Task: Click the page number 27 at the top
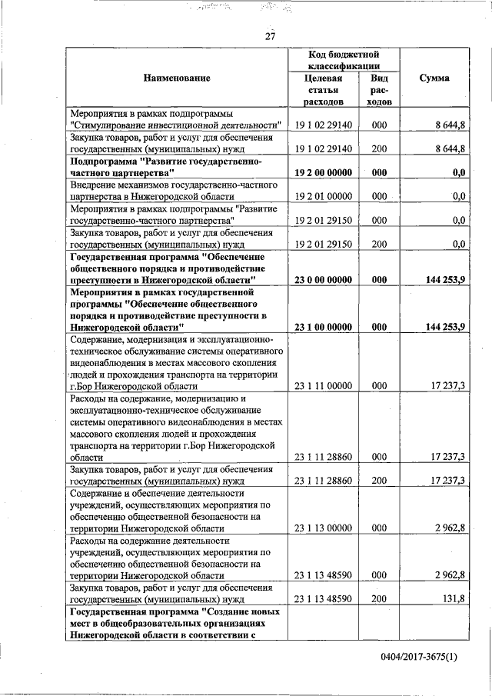pyautogui.click(x=270, y=36)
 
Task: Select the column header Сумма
pyautogui.click(x=434, y=78)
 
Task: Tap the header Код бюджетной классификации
pyautogui.click(x=344, y=60)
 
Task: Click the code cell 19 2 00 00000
pyautogui.click(x=323, y=173)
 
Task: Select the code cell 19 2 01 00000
pyautogui.click(x=323, y=196)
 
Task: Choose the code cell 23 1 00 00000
pyautogui.click(x=323, y=327)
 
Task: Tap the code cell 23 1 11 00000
pyautogui.click(x=323, y=386)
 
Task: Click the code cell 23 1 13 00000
pyautogui.click(x=323, y=528)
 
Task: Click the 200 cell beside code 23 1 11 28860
pyautogui.click(x=378, y=481)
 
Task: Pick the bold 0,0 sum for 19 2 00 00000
pyautogui.click(x=459, y=173)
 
